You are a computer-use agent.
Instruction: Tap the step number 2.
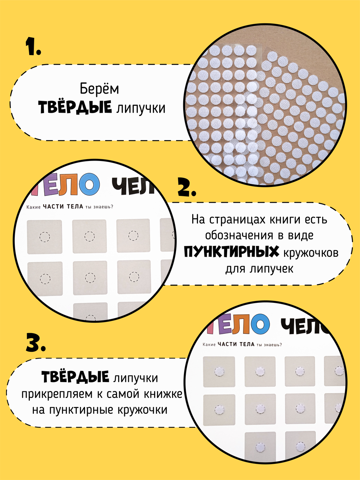tap(186, 187)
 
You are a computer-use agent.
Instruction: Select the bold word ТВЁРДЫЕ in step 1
tap(75, 107)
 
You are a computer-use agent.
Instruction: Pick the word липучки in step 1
tap(140, 108)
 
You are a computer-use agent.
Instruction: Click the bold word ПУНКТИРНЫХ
tap(231, 252)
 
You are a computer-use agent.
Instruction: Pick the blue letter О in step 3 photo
tap(260, 324)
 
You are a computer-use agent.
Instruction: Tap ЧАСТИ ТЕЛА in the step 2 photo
tap(63, 206)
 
